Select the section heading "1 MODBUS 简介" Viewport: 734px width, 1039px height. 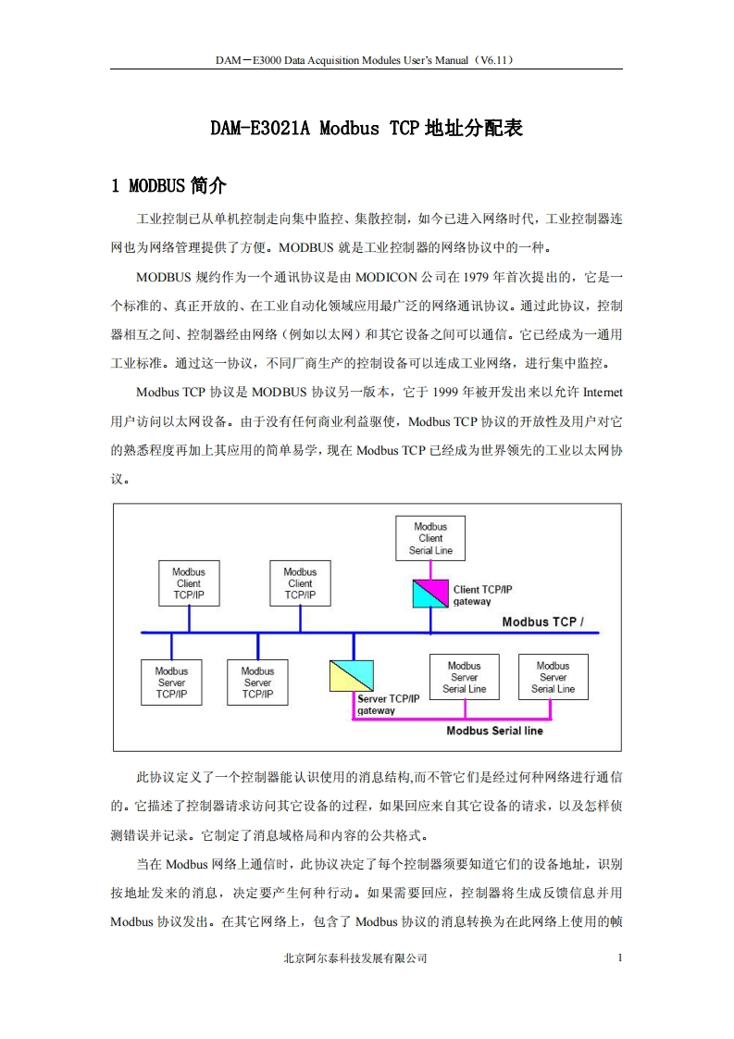[x=168, y=186]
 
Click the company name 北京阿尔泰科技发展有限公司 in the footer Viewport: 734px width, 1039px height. [x=355, y=959]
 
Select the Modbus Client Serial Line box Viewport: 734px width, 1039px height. [x=430, y=538]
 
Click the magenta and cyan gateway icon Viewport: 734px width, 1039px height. [x=430, y=594]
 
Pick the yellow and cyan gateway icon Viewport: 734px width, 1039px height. [x=352, y=676]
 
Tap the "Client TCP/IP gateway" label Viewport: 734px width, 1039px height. [x=482, y=595]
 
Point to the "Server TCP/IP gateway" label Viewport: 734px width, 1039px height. [x=388, y=704]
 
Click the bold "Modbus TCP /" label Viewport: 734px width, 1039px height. [x=542, y=621]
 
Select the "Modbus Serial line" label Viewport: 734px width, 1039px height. [x=494, y=731]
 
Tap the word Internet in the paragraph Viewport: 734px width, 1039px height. [x=602, y=392]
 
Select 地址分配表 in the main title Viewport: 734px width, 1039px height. [x=473, y=129]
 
